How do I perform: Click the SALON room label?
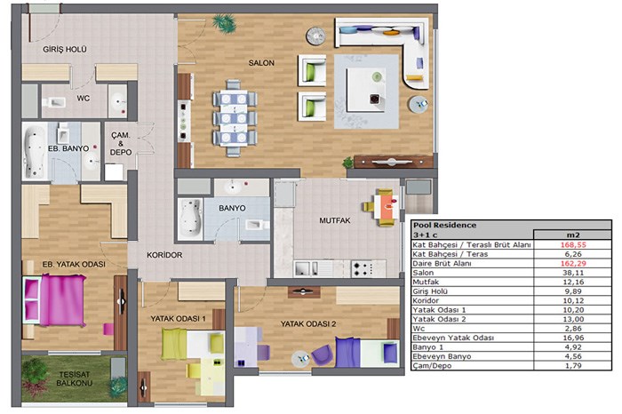point(261,63)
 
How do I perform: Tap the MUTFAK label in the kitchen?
point(335,220)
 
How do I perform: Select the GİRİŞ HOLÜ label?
point(65,49)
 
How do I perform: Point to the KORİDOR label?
point(164,255)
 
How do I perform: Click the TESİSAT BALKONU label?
point(74,378)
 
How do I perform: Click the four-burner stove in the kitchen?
point(363,268)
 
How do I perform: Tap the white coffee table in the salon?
point(365,90)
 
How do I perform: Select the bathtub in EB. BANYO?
point(35,152)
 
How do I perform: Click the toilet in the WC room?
point(54,103)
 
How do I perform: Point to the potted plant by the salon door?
point(225,22)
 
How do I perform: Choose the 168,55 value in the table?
point(573,244)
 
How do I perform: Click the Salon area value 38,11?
point(573,273)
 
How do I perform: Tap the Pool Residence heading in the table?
point(444,225)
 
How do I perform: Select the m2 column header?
point(573,235)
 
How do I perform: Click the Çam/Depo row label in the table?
point(432,366)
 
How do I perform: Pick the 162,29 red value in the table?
point(573,263)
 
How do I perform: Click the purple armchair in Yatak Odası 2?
point(322,354)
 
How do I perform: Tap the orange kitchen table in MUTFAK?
point(387,207)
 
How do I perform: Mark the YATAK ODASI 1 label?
point(178,318)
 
